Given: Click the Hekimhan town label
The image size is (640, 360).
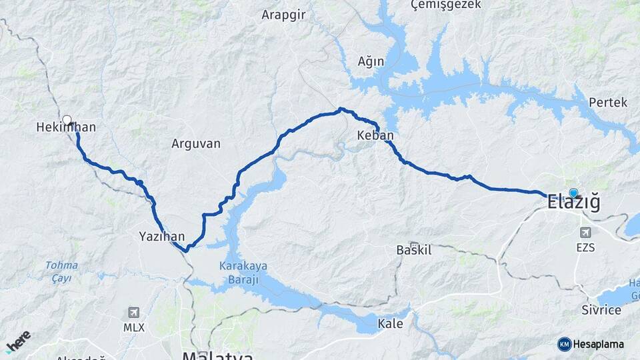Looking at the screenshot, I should tap(66, 127).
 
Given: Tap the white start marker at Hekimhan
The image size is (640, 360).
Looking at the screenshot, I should tap(67, 120).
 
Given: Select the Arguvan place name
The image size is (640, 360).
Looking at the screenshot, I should tap(195, 143).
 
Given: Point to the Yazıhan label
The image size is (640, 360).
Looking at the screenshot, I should tap(161, 236).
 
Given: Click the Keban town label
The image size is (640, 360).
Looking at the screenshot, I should tap(375, 135).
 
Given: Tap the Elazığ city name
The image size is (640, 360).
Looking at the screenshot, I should tap(573, 203).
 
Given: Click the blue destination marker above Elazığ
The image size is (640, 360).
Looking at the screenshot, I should tap(573, 193).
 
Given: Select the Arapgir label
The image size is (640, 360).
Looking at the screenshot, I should tap(283, 15).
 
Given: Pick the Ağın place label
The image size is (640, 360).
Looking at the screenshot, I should tap(371, 61).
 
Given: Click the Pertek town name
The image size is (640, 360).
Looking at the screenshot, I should tap(608, 103).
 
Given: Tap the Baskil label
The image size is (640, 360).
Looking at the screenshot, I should tap(414, 251).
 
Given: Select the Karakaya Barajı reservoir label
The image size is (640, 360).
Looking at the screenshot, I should tap(243, 272).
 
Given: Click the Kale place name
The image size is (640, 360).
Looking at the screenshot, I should tap(390, 324).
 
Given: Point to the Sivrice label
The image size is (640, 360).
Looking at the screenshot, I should tap(601, 310).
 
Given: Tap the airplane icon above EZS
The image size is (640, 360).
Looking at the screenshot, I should tap(586, 233).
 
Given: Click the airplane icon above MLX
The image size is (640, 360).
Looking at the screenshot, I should tap(133, 312).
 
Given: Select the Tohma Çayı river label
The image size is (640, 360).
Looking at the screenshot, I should tap(61, 271).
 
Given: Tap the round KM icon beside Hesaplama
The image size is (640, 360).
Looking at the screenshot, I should tap(565, 344).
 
